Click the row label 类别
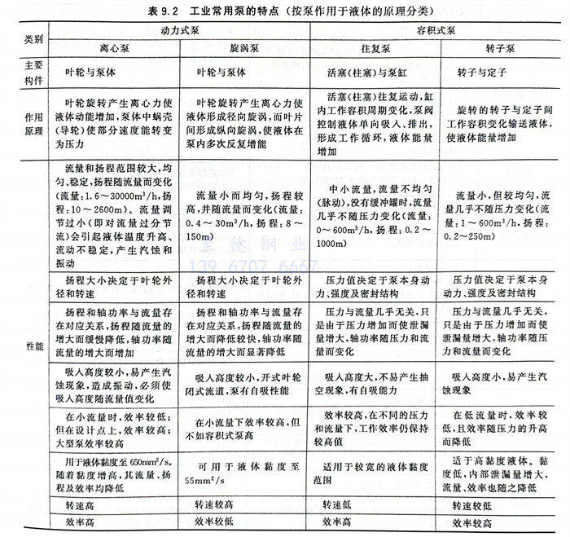point(33,39)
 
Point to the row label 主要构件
point(33,71)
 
